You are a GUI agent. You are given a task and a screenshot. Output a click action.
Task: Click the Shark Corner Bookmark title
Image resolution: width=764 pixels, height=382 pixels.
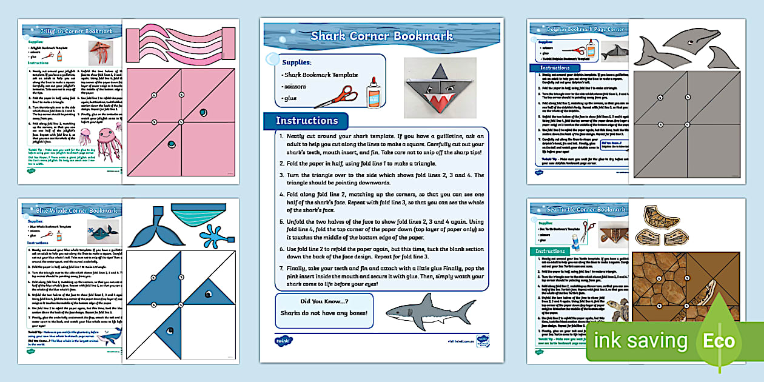coord(381,36)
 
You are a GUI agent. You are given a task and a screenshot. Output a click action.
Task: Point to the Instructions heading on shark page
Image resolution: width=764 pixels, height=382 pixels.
coord(306,121)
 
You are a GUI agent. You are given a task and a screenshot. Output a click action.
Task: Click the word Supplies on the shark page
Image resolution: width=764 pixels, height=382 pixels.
coord(297,62)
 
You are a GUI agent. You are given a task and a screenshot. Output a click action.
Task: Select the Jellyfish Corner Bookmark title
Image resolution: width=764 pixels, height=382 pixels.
coord(69,31)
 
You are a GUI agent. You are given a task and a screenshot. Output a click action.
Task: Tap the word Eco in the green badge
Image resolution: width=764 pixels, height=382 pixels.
coord(719,341)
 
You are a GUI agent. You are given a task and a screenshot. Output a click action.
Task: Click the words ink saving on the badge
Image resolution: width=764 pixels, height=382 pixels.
coord(641,341)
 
